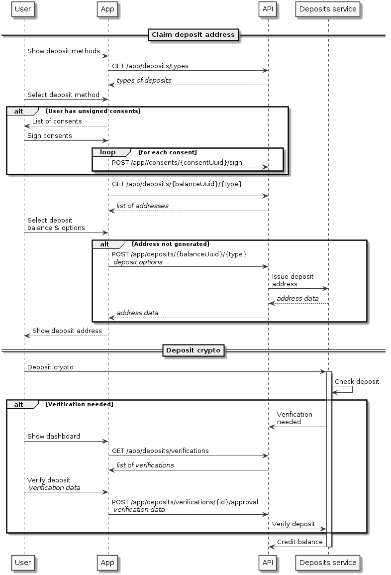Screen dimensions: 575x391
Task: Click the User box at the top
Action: [23, 9]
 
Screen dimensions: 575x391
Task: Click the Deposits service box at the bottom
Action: [328, 563]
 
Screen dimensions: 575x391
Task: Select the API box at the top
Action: [268, 9]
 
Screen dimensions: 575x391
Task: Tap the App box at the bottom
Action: [107, 563]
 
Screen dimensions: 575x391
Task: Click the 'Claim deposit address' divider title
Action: [194, 35]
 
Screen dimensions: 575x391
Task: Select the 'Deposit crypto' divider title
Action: [194, 350]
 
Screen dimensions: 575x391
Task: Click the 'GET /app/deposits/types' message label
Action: [150, 66]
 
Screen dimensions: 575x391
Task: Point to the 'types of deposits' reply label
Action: [144, 80]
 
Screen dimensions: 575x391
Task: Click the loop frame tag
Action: [108, 152]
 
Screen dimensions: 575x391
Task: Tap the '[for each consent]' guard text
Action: [167, 152]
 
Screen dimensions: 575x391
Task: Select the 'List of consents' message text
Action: [57, 121]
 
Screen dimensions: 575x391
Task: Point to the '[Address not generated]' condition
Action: [170, 244]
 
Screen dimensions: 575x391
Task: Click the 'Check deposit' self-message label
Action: [357, 382]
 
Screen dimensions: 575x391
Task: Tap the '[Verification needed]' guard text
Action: [79, 404]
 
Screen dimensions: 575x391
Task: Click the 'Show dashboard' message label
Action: [53, 436]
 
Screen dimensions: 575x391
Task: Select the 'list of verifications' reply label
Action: [145, 465]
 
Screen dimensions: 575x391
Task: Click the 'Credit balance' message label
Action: [299, 542]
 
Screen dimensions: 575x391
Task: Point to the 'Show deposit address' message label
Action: [67, 331]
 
